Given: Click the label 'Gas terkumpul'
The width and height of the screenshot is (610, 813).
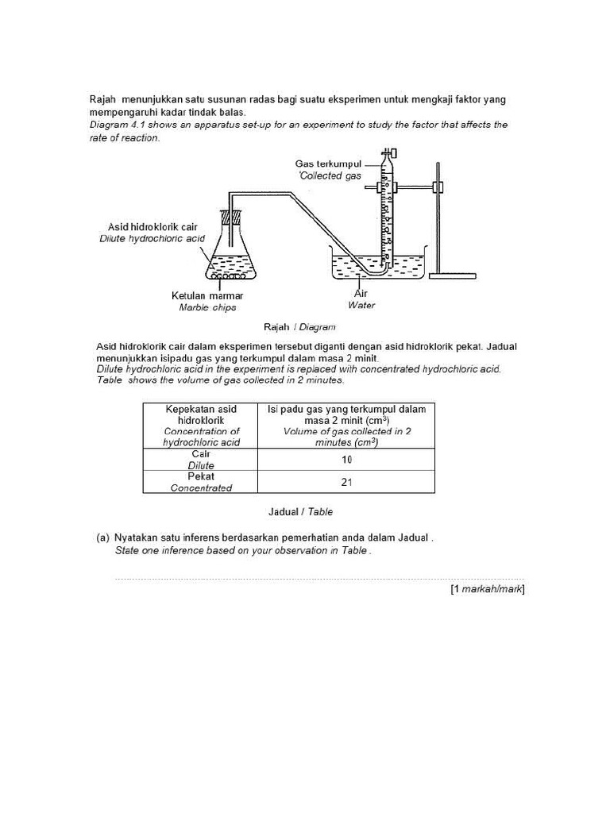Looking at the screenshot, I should click(x=328, y=164).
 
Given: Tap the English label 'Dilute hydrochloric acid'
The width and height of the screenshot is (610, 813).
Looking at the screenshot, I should click(x=152, y=238).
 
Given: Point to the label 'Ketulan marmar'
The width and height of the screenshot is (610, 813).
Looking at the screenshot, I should click(x=207, y=296).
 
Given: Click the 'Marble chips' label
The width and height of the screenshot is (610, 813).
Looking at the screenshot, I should click(x=207, y=308).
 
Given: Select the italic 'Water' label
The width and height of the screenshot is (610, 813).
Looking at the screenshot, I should click(x=361, y=305).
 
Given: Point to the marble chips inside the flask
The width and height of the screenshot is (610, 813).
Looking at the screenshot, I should click(x=231, y=276).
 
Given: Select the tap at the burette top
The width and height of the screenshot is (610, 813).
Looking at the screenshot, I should click(x=388, y=153).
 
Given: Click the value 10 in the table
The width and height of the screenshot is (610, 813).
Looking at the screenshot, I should click(x=347, y=460).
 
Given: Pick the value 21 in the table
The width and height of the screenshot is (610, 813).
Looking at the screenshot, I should click(x=347, y=482).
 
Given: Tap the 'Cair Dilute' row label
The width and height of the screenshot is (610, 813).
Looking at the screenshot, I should click(x=201, y=460).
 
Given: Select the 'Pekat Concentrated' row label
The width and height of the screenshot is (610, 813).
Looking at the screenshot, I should click(x=201, y=482).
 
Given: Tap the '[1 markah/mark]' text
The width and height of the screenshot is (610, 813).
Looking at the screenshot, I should click(x=487, y=589).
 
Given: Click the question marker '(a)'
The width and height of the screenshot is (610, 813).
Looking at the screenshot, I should click(x=102, y=538).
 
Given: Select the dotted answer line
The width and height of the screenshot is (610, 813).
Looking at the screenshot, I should click(x=318, y=580).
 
